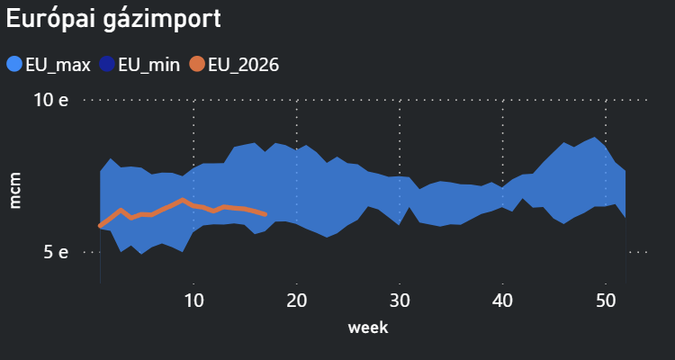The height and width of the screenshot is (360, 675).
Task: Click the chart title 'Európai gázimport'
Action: click(113, 19)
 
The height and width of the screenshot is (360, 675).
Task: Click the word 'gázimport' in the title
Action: click(162, 20)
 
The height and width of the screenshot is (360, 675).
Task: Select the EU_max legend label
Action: click(58, 66)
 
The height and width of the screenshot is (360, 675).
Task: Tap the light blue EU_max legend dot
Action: click(14, 65)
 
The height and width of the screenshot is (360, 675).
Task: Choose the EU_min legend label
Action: click(148, 66)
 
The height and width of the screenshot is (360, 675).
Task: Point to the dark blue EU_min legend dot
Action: click(107, 65)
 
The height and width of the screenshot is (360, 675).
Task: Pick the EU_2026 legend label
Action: click(244, 66)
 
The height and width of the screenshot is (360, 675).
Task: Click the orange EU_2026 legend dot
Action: click(197, 65)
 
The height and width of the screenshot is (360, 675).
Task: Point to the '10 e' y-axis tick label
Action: click(50, 100)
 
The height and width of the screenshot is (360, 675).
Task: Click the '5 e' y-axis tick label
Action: click(56, 253)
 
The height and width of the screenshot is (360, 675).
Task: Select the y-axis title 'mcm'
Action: click(15, 190)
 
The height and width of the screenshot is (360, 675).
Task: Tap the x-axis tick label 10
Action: click(193, 301)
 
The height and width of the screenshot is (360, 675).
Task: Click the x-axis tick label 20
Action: click(297, 301)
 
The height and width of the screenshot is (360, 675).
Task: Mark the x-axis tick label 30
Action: click(400, 301)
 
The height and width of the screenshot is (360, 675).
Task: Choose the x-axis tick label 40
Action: click(502, 301)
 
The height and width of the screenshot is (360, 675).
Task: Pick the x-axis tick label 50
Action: click(606, 301)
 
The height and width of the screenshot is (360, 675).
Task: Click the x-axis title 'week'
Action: click(368, 328)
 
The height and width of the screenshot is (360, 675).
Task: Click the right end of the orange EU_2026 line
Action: click(265, 214)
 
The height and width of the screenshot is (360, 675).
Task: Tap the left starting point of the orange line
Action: click(100, 225)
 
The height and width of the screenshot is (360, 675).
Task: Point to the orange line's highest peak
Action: click(183, 200)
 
